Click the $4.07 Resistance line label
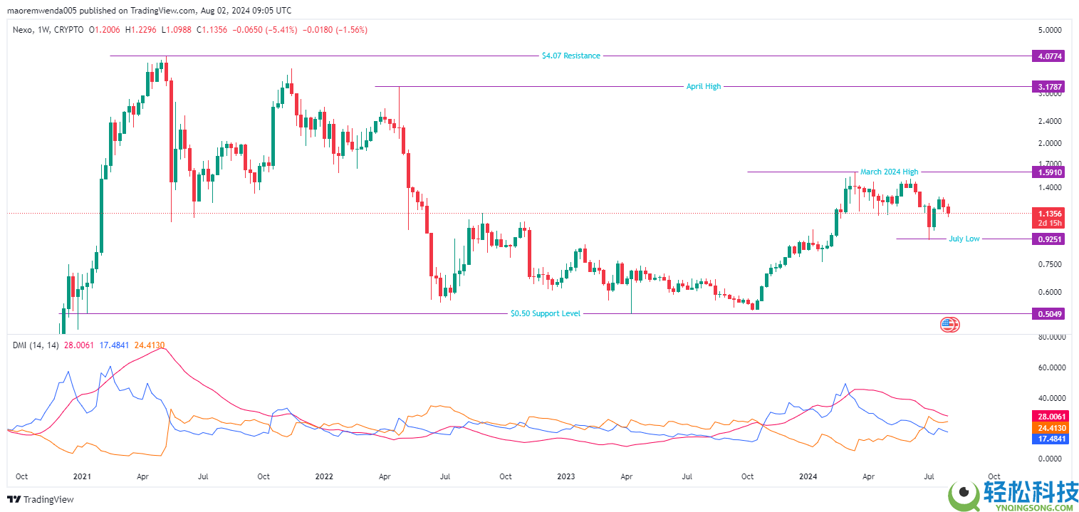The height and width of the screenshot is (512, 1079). (570, 56)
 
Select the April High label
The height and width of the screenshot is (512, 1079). (703, 86)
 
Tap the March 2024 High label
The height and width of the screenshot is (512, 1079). (889, 172)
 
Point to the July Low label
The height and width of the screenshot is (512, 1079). (964, 239)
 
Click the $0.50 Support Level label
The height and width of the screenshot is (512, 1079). (546, 313)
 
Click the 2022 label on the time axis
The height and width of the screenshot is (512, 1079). (324, 476)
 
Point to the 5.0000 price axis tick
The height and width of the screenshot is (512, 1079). (1050, 30)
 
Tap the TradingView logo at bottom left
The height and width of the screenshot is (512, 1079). (41, 499)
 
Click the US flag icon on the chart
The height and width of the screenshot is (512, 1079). (948, 325)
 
